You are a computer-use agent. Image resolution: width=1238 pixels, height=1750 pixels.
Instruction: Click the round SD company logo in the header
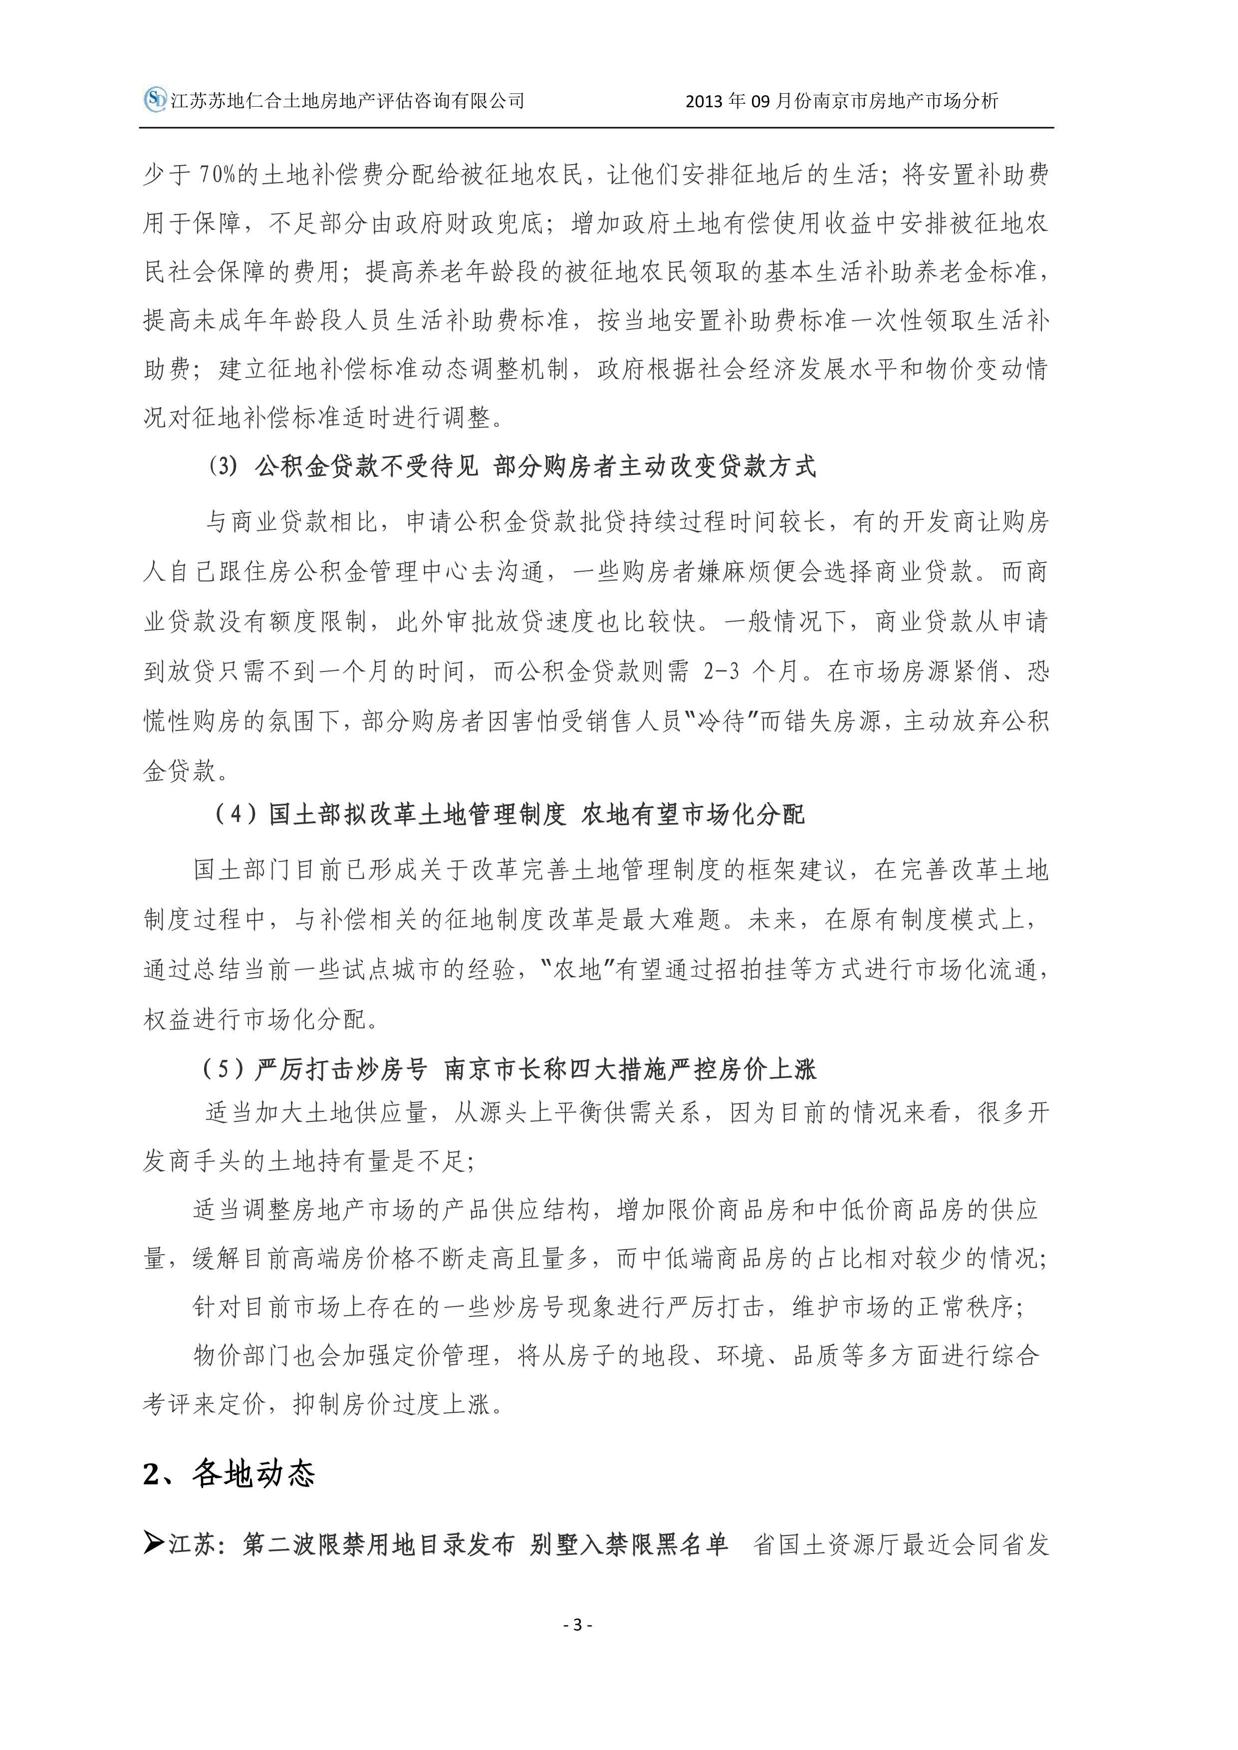point(156,99)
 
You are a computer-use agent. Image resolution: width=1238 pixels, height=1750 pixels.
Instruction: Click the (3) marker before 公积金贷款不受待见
point(224,466)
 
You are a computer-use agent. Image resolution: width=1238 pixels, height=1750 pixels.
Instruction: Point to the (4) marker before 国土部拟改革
point(237,815)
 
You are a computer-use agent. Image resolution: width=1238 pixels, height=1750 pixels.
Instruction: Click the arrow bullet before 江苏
point(154,1544)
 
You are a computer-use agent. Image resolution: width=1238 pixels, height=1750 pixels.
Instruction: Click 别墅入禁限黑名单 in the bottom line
point(629,1544)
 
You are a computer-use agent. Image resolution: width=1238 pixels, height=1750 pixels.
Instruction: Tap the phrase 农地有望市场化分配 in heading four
point(692,815)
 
